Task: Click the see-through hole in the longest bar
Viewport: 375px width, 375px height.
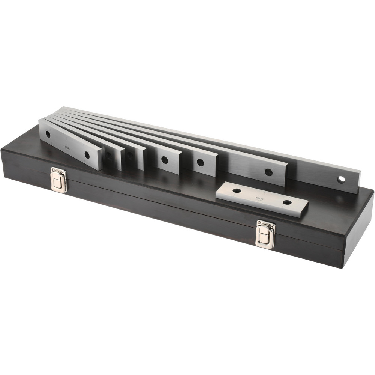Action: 341,179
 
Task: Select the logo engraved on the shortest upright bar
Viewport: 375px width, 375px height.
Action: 68,148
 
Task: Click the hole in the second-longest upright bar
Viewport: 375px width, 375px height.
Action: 268,172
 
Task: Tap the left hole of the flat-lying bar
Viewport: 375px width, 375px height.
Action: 237,191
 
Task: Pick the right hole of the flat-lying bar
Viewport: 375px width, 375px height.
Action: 287,202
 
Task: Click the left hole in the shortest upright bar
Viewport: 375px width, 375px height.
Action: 48,134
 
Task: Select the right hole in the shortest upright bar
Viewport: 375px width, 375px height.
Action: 87,154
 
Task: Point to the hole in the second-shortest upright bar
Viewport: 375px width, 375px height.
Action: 109,155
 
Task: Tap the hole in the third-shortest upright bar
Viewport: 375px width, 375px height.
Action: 130,156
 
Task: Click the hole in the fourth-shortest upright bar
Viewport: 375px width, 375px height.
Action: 164,160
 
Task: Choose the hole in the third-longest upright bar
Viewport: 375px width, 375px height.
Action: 201,163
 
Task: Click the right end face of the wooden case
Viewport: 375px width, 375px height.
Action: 358,232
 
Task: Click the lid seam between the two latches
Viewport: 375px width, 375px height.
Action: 157,204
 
